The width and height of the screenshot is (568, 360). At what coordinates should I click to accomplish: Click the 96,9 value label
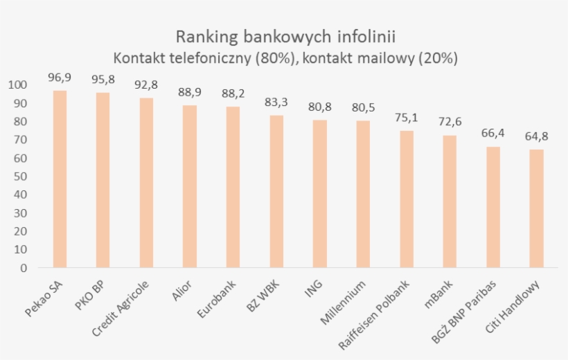click(x=60, y=77)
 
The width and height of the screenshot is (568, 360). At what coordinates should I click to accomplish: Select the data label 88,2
click(x=233, y=93)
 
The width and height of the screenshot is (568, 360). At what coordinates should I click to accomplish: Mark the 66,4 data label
click(x=493, y=132)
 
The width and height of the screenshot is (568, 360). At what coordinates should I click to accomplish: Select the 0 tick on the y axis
click(x=24, y=268)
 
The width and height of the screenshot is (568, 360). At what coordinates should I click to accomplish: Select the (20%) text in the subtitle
click(x=436, y=57)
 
